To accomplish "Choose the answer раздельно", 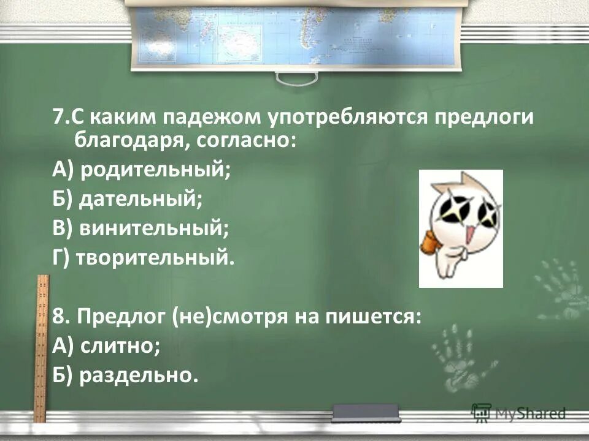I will pos(139,375).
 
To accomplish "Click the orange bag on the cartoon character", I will pos(429,243).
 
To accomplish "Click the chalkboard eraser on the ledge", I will pos(366,412).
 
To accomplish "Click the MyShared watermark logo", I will pos(518,413).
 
